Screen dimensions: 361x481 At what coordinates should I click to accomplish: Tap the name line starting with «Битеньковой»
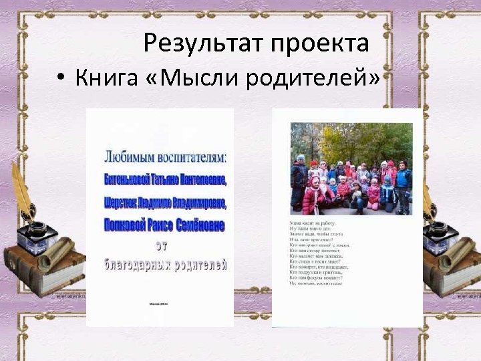(165, 180)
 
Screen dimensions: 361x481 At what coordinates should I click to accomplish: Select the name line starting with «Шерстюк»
(165, 203)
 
